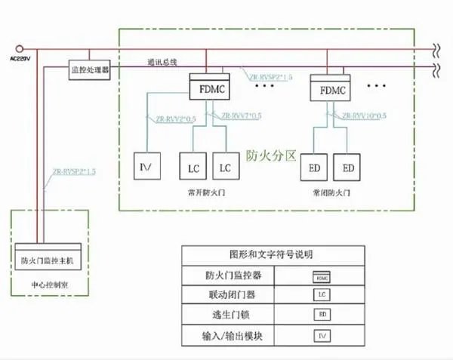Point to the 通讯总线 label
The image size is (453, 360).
163,62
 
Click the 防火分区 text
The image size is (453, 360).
269,156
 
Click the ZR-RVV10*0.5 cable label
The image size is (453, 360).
363,117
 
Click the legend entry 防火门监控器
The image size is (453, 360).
228,275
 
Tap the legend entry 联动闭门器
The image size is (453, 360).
228,294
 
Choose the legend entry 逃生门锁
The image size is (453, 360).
228,313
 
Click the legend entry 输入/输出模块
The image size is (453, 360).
228,333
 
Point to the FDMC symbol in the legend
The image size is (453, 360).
322,275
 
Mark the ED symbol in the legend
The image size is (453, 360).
322,313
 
